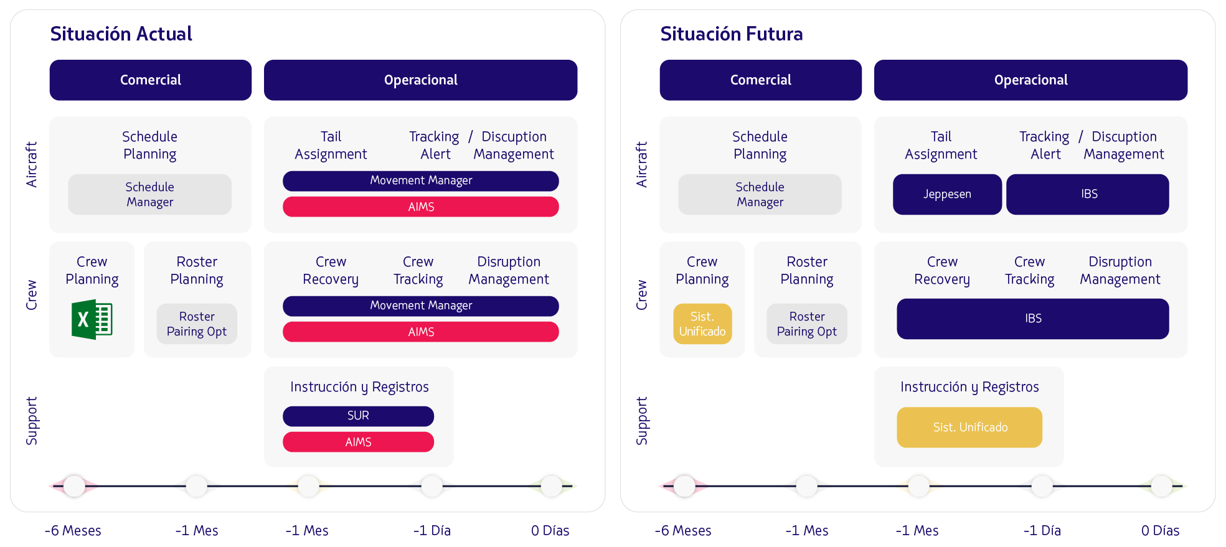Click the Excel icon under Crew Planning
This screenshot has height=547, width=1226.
pos(92,319)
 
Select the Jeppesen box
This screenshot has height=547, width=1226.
pos(946,194)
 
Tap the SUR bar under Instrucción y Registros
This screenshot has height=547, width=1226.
pos(358,416)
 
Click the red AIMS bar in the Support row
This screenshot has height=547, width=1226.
pos(358,442)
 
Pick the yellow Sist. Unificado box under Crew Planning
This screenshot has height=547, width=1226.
pos(702,324)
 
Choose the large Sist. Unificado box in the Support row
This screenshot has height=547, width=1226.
pos(969,427)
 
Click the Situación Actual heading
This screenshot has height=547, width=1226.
pos(121,34)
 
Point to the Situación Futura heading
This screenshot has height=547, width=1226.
pos(731,34)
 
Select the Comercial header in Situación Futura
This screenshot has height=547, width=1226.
pos(760,80)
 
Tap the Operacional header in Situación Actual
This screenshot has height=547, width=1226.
pos(420,80)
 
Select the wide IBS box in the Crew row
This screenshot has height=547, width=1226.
pos(1032,319)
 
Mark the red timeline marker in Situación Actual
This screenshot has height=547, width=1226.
pos(74,486)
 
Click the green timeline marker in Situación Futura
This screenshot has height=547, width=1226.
pos(1162,486)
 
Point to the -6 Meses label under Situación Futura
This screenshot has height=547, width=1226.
pos(682,531)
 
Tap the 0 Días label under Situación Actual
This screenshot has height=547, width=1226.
pos(550,531)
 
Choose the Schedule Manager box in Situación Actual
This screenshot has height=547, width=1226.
pos(149,194)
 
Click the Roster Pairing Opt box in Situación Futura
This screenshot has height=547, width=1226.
pos(806,324)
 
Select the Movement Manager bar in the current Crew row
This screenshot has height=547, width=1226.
pos(420,306)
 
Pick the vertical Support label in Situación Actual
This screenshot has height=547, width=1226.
pos(32,421)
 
